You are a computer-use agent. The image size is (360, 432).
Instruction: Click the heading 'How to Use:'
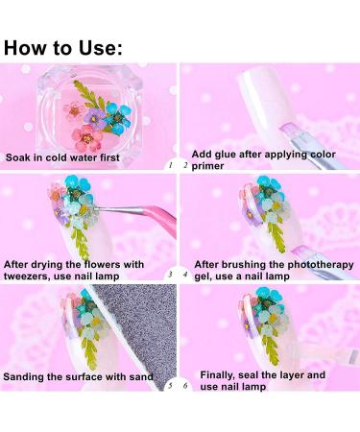63,48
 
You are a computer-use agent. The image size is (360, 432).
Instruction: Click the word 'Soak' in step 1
17,157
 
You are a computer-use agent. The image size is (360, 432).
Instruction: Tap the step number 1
171,165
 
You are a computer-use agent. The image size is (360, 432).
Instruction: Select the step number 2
185,165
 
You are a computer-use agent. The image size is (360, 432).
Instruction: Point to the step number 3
170,275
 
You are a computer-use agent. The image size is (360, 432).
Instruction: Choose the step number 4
185,275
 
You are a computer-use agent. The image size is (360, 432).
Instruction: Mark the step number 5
171,386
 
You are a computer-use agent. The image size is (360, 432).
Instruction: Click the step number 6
185,386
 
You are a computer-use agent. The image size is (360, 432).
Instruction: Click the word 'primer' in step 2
207,166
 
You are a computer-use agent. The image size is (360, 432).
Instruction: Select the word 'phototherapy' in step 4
321,265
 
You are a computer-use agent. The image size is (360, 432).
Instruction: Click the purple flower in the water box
94,117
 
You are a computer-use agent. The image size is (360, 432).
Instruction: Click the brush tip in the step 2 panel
289,132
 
